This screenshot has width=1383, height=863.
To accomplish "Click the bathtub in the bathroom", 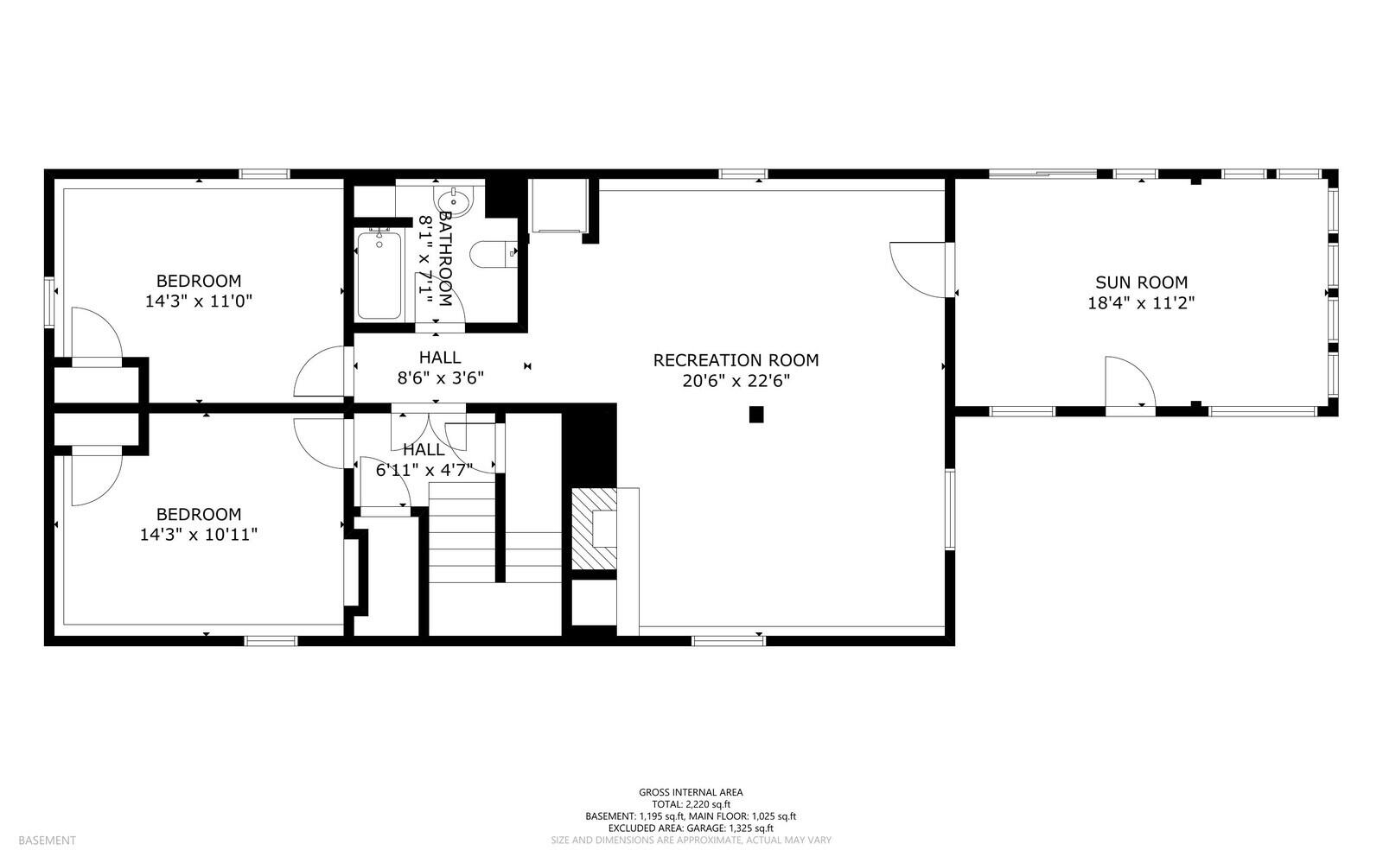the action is pyautogui.click(x=379, y=275).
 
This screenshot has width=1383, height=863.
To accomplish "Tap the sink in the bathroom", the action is pyautogui.click(x=454, y=201).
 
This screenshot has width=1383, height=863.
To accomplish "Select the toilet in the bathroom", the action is pyautogui.click(x=493, y=253).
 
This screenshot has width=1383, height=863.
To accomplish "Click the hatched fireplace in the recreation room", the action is pyautogui.click(x=594, y=529).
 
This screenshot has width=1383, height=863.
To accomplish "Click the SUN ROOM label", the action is pyautogui.click(x=1141, y=282).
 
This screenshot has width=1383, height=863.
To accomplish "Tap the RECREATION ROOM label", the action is pyautogui.click(x=736, y=360).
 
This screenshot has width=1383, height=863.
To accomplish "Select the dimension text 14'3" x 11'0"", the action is pyautogui.click(x=199, y=301).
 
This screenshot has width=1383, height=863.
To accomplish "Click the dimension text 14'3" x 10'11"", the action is pyautogui.click(x=199, y=534).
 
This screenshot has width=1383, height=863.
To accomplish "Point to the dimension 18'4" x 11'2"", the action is pyautogui.click(x=1141, y=303).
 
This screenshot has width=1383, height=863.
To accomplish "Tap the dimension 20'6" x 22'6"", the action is pyautogui.click(x=736, y=381).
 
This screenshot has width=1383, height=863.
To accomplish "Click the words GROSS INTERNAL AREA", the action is pyautogui.click(x=691, y=793).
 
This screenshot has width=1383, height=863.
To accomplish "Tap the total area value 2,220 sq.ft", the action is pyautogui.click(x=708, y=804).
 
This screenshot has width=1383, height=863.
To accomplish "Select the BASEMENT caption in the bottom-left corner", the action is pyautogui.click(x=47, y=841).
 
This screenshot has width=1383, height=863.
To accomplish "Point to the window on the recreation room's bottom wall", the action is pyautogui.click(x=729, y=641).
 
